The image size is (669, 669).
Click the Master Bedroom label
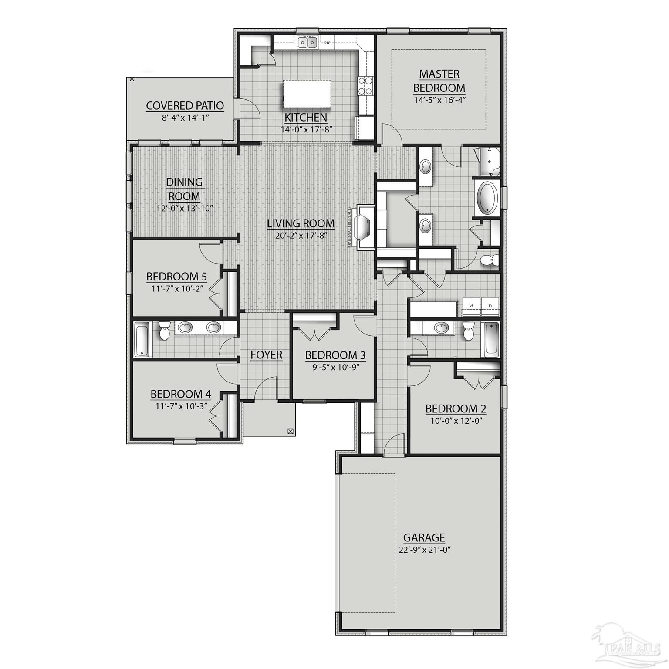439,81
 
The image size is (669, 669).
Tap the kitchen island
306,94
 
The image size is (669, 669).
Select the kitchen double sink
307,42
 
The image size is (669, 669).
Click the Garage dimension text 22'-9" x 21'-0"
424,550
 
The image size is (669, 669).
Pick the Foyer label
266,355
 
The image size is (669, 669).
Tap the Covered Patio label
185,106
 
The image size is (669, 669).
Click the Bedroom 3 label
335,355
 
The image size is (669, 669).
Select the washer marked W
471,306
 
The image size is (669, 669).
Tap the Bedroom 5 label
176,277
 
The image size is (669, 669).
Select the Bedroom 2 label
456,409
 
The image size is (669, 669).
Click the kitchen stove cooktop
365,86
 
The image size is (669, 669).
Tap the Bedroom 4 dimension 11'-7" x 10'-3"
181,405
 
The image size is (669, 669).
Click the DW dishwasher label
326,42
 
